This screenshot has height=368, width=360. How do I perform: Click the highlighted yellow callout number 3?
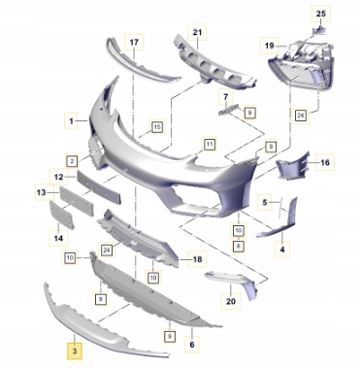pos(75,351)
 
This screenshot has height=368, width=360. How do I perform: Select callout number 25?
pos(321,14)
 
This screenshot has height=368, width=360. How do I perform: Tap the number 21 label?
pos(197,32)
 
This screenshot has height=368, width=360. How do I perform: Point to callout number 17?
pos(134,42)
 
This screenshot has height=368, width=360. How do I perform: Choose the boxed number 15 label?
pos(157,127)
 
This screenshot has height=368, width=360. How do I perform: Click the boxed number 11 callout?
pos(210,144)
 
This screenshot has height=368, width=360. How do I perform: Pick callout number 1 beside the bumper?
pos(71,121)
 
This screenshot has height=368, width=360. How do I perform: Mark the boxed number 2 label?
pos(72,161)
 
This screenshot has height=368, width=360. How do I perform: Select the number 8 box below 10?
pos(239,247)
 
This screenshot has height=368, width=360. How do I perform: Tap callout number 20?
pos(231,301)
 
